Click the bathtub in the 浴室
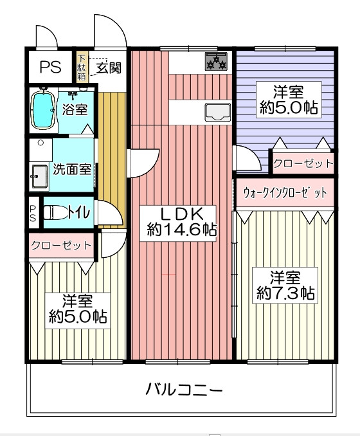pos(42,110)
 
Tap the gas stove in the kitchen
pos(216,61)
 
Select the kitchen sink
pos(218,113)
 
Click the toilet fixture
pos(55,213)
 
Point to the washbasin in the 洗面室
pos(40,177)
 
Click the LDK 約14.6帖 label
pos(177,223)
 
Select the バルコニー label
pos(184,389)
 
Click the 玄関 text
pos(109,68)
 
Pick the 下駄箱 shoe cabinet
pos(82,68)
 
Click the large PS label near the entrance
pos(50,67)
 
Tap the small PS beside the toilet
pos(33,213)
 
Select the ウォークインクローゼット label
pos(285,192)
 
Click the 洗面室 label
pos(72,168)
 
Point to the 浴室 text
pos(75,109)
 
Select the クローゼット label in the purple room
pos(303,163)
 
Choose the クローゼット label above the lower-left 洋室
pos(62,246)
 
